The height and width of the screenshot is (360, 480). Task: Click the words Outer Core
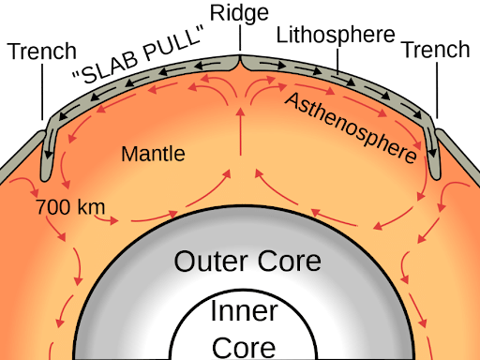click(247, 261)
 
